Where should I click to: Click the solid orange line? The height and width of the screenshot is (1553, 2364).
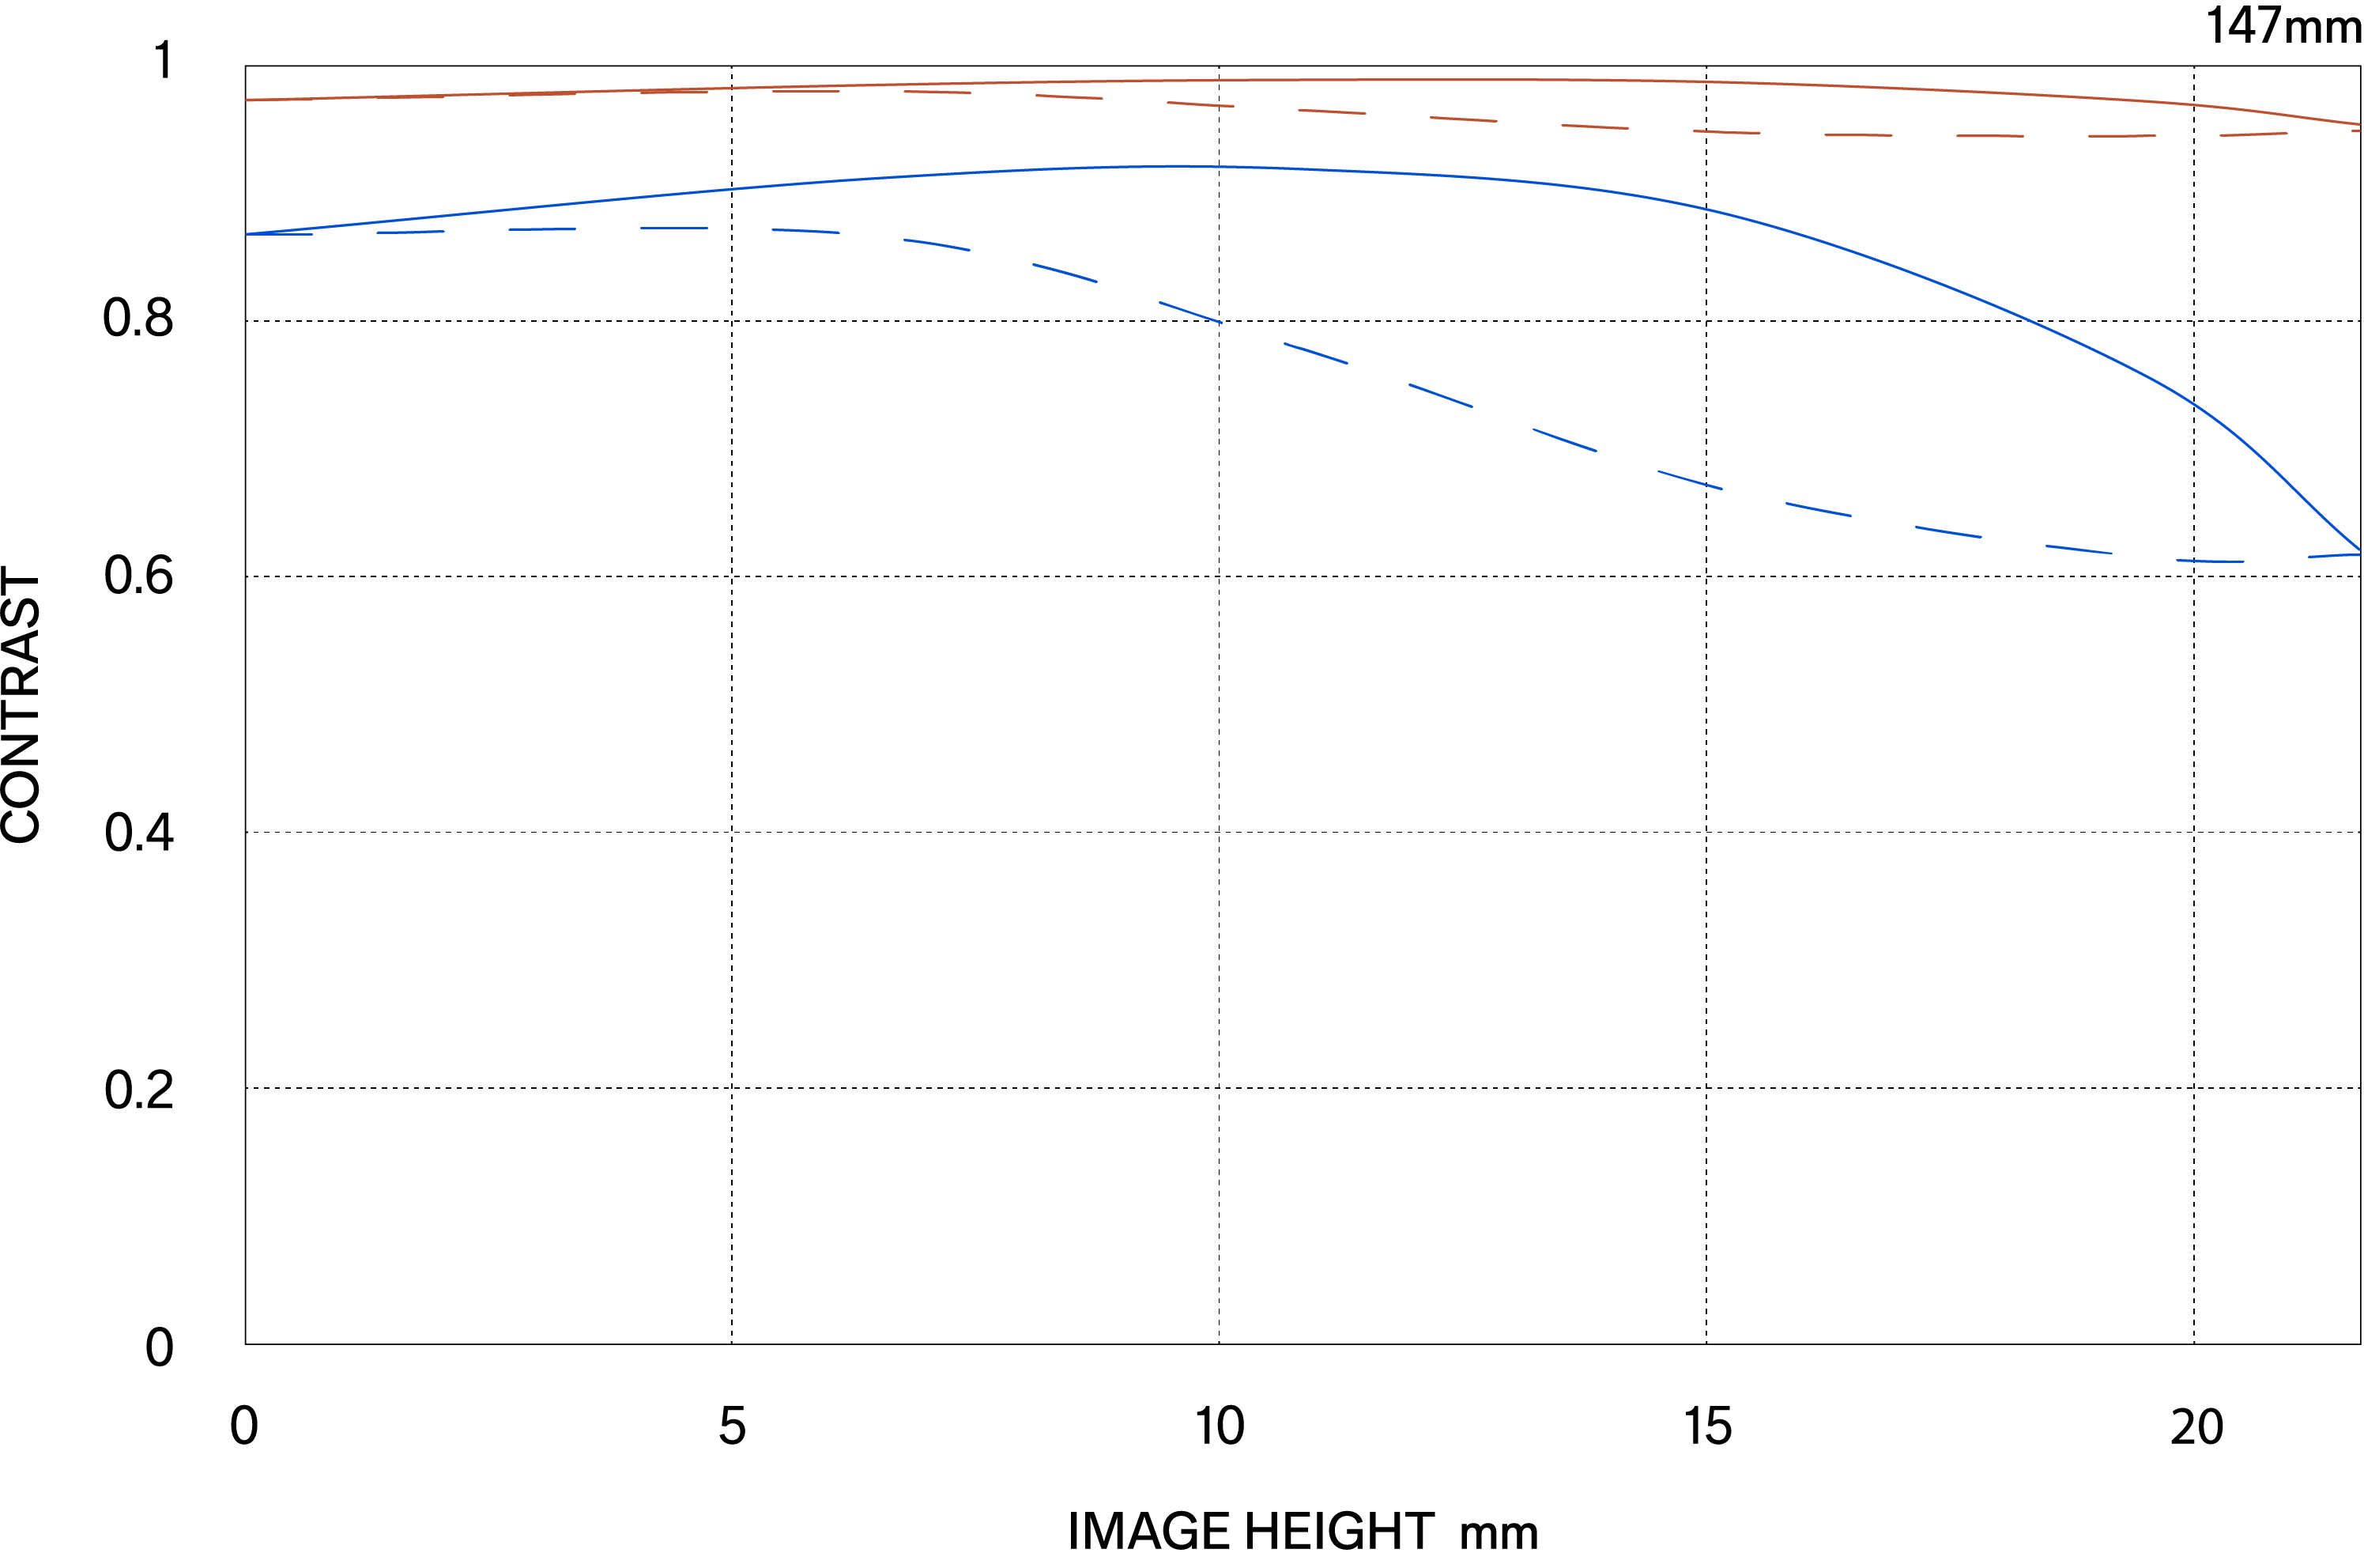point(1390,80)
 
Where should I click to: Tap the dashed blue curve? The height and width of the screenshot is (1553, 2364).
point(1440,395)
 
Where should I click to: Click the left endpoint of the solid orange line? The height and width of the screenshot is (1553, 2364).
point(247,100)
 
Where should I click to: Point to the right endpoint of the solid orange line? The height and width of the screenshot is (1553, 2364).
point(2359,124)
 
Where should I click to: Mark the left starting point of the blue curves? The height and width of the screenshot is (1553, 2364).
point(247,235)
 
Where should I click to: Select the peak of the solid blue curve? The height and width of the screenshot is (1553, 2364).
point(1177,166)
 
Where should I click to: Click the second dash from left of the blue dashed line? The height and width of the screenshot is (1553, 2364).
point(409,232)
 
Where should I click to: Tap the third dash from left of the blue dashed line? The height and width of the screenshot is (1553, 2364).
point(542,229)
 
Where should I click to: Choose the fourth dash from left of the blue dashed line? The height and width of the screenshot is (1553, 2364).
point(674,229)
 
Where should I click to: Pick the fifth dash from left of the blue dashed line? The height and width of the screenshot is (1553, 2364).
point(805,231)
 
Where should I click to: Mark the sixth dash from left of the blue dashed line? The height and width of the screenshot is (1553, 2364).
point(937,244)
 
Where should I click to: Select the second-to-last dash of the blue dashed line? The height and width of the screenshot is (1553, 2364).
point(2210,561)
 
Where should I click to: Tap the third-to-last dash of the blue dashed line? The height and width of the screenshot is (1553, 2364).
point(2079,549)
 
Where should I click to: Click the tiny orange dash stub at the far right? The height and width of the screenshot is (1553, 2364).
point(2356,130)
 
